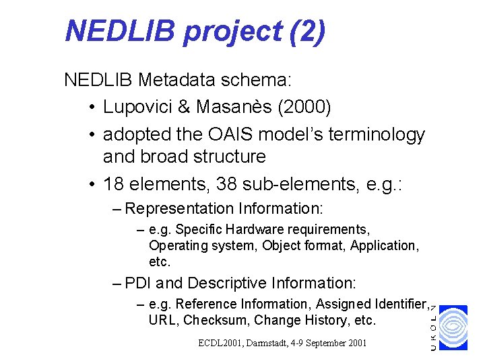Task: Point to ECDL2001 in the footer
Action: pos(220,343)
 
